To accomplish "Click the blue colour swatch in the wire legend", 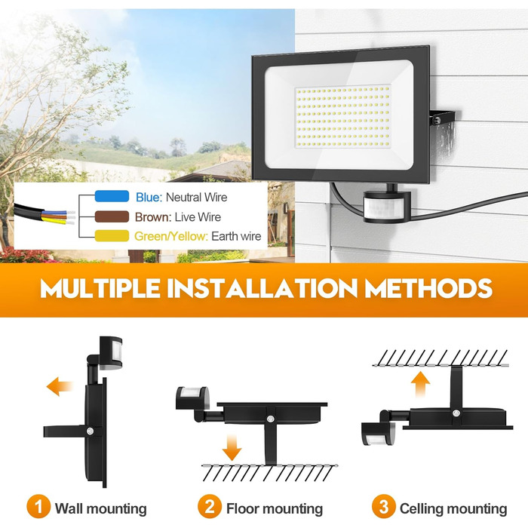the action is [112, 196].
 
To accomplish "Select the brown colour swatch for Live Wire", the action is [112, 216].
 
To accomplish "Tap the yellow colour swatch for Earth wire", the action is [112, 235].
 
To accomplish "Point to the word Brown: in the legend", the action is [153, 217].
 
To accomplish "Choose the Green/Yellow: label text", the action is [171, 237].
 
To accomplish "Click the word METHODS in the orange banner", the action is [428, 288].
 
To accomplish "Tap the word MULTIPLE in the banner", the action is [100, 288].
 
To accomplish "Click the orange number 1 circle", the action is [38, 506].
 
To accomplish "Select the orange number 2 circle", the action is [210, 506].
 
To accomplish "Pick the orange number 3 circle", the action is [383, 506].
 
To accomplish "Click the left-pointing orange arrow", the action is [60, 386].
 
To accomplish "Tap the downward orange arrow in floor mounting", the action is [232, 447].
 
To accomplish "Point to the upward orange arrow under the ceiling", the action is [421, 384].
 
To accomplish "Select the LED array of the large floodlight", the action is [342, 116].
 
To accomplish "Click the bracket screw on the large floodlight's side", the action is [437, 120].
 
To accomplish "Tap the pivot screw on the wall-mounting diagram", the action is [90, 431].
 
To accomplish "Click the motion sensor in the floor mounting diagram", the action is [192, 398].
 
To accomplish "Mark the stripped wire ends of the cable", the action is [71, 217].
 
